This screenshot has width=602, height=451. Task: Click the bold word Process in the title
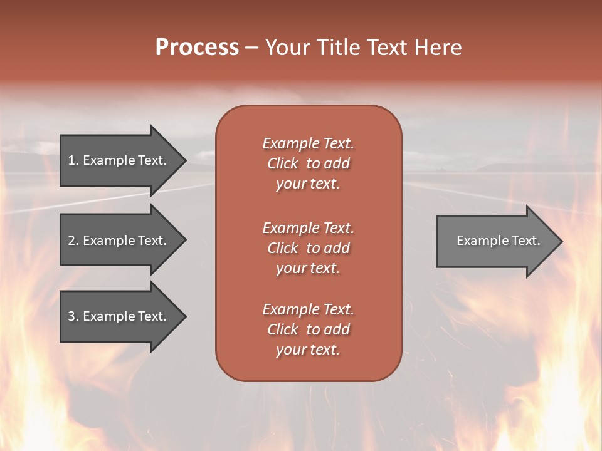click(x=197, y=48)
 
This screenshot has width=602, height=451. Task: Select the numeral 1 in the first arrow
click(x=71, y=160)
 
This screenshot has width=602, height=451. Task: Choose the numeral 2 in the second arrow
click(x=71, y=241)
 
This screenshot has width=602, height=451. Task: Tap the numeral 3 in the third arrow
click(x=71, y=316)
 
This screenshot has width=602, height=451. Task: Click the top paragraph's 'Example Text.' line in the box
click(x=308, y=143)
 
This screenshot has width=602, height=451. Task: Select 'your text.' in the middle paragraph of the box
click(x=308, y=268)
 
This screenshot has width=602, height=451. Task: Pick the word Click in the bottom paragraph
click(x=283, y=329)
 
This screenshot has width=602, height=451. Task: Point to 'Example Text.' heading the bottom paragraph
click(x=308, y=309)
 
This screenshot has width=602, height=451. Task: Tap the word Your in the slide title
click(x=288, y=48)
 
